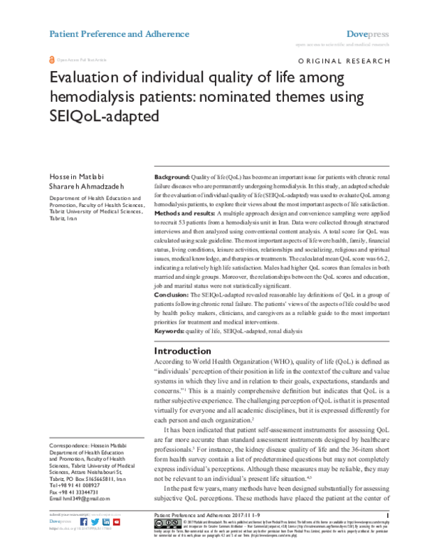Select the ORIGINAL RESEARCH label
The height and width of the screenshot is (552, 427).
tap(342, 63)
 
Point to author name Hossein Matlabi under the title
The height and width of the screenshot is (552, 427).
tap(74, 175)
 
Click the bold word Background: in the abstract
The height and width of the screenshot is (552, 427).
tap(172, 176)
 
